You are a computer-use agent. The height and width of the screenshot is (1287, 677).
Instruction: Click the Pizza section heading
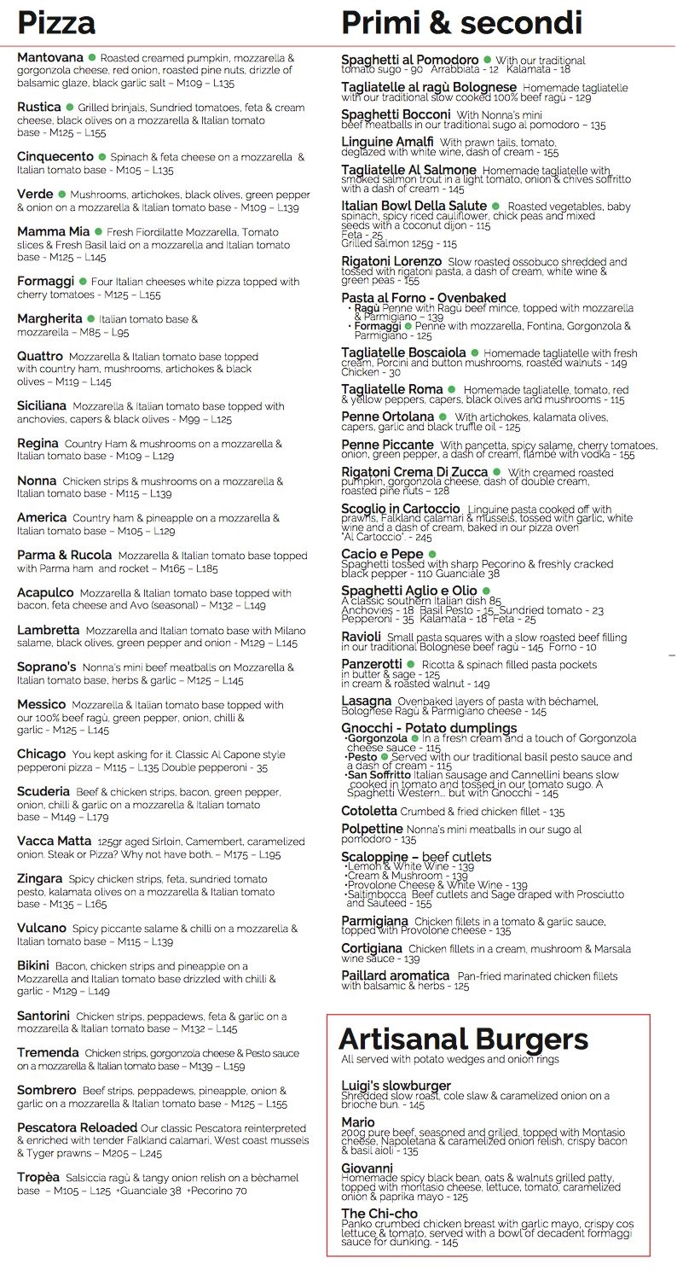pos(56,21)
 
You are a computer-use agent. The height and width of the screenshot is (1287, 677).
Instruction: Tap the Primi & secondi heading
pos(461,21)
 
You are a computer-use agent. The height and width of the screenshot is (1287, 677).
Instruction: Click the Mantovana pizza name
pos(49,57)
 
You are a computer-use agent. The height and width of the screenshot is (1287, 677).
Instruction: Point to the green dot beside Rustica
pos(68,108)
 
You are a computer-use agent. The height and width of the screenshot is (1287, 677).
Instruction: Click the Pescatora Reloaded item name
pos(77,1127)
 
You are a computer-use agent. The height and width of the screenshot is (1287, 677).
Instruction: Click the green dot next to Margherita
pos(90,318)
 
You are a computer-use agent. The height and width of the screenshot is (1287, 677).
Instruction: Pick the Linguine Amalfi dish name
pos(387,142)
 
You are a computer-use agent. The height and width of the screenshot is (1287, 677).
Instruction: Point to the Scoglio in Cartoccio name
pos(400,509)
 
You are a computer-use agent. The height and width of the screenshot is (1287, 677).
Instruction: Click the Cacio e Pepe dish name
pos(382,555)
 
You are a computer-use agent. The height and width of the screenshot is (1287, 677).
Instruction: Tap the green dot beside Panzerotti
pos(411,664)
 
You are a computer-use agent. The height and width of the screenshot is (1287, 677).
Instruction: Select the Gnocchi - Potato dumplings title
pos(429,728)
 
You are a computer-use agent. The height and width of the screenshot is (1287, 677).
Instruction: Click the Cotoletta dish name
pos(368,811)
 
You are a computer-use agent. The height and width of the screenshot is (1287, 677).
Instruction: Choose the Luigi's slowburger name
pos(396,1086)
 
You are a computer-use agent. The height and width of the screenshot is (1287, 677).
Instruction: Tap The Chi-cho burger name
pos(379,1213)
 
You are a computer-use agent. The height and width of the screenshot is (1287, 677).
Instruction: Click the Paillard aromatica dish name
pos(395,975)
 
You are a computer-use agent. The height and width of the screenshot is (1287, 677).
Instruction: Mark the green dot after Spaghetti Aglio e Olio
pos(485,591)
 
